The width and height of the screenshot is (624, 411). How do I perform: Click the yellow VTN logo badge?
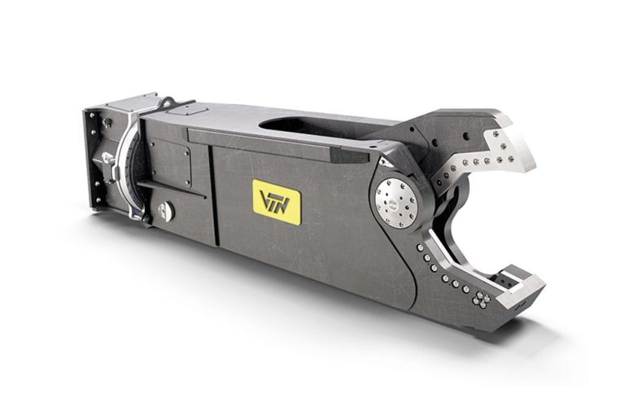click(277, 203)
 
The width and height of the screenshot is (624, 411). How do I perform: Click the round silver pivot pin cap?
click(396, 203)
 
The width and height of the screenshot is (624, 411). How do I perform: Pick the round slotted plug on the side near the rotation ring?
click(165, 212)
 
